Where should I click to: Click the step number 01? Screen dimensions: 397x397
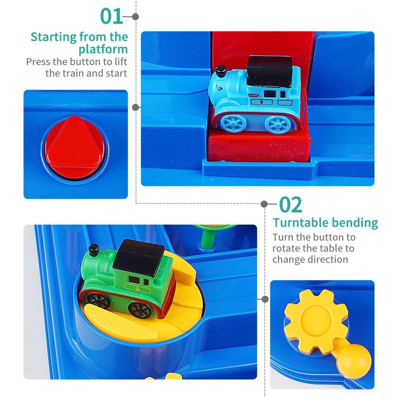tap(112, 16)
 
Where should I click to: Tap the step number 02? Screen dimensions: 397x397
tap(291, 205)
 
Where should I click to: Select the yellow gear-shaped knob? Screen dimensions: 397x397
tap(316, 321)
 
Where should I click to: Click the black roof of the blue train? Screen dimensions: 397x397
tap(270, 71)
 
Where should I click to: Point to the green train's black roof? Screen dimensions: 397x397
tap(139, 257)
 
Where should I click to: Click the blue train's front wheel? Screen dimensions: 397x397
tap(233, 123)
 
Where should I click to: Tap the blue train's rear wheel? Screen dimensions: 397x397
tap(278, 124)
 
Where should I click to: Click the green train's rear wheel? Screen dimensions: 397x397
tap(140, 310)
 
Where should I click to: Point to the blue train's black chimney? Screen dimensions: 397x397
tap(221, 71)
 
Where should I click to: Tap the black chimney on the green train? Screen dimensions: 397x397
tap(94, 250)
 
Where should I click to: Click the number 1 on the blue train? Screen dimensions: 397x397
tap(261, 102)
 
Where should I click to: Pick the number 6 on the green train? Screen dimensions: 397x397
tap(137, 288)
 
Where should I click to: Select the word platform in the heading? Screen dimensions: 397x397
tap(103, 49)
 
